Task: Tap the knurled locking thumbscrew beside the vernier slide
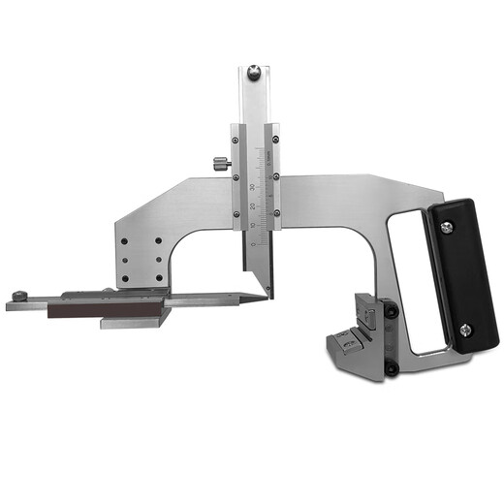pos(222,163)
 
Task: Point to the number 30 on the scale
pos(253,186)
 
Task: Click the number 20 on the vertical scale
pos(253,206)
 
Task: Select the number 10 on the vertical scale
pos(253,226)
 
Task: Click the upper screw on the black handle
pos(445,227)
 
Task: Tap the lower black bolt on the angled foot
pos(391,367)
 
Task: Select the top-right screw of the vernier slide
pos(276,137)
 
